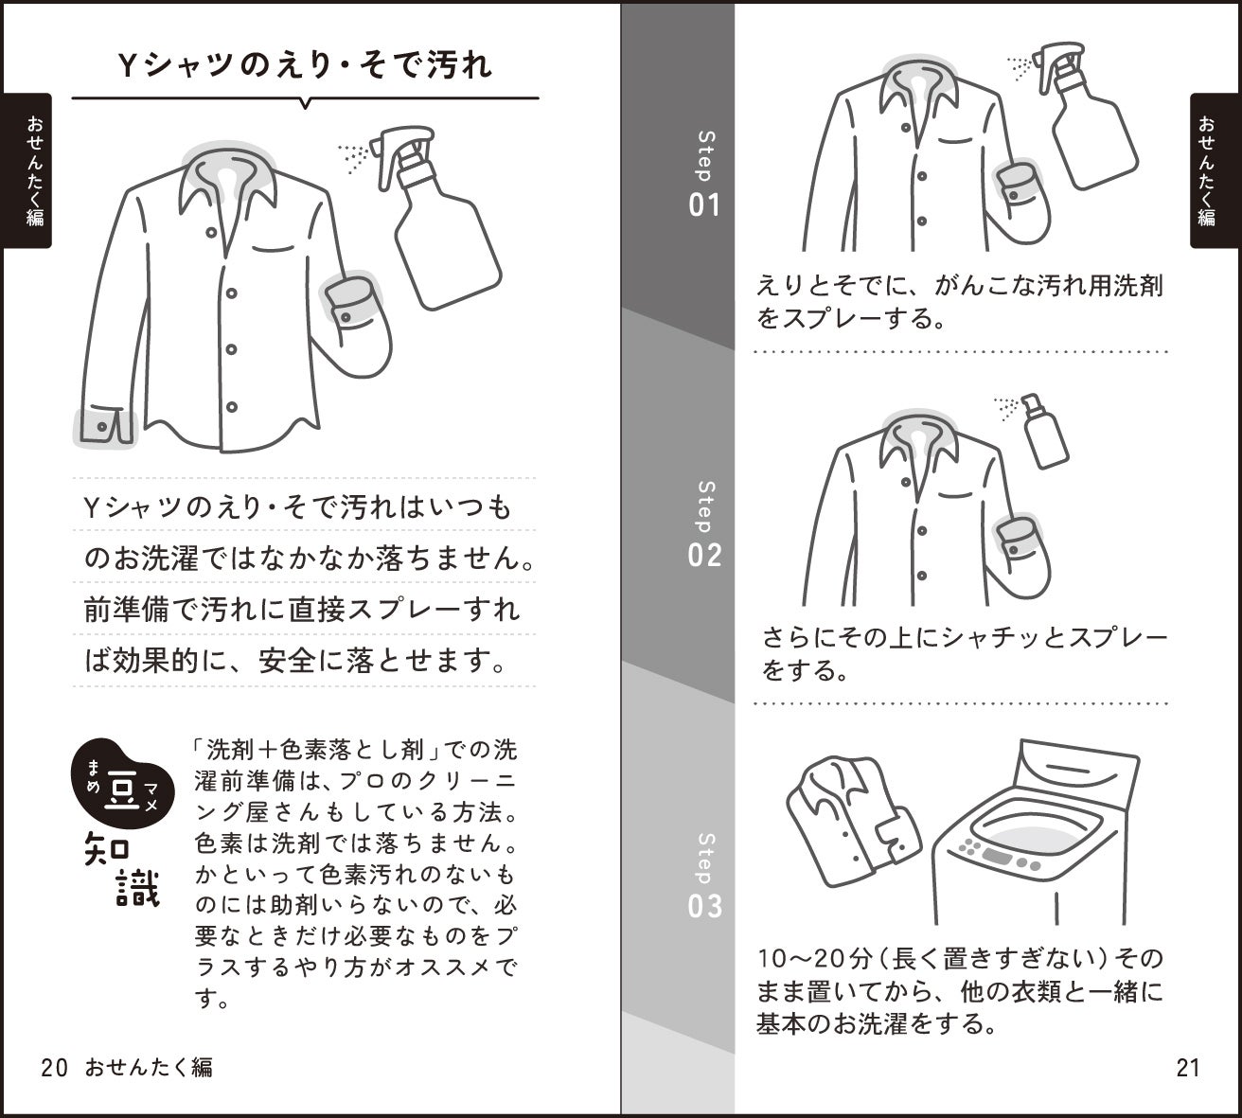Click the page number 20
(x=54, y=1068)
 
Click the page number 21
(x=1188, y=1068)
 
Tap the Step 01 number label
(x=704, y=205)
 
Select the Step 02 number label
(x=704, y=556)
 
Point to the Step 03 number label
(x=704, y=906)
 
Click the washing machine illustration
(x=1037, y=832)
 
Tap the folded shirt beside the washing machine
(x=853, y=822)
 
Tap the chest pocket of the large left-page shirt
(x=273, y=249)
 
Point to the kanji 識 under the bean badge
(x=138, y=889)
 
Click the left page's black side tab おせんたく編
(x=27, y=170)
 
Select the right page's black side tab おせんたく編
(x=1215, y=170)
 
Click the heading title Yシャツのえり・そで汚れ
(x=305, y=65)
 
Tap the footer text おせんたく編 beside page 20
(x=149, y=1068)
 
